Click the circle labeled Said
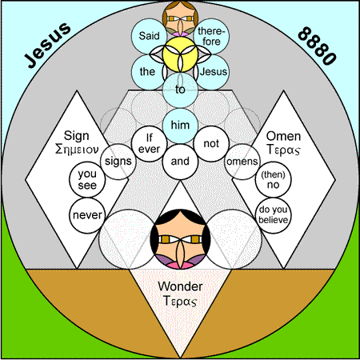(149, 36)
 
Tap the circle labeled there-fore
(211, 36)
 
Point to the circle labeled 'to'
(180, 90)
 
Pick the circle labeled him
(180, 126)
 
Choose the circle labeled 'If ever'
(149, 144)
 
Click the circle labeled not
(211, 144)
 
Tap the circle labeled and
(180, 162)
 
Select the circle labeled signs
(118, 162)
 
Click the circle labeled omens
(242, 162)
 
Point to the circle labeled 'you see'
(87, 179)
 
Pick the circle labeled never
(87, 215)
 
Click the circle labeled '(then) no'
(273, 179)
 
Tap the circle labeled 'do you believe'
(273, 215)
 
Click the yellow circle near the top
(180, 54)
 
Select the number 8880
(317, 46)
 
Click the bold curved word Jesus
(47, 45)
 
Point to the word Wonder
(180, 286)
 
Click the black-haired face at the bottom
(180, 239)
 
